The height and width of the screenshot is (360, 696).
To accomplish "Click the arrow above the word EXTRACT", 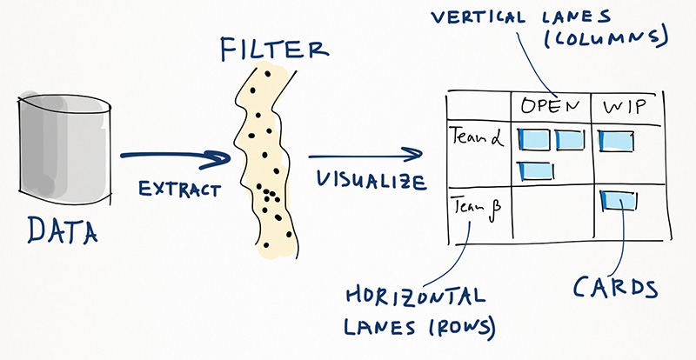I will [x=174, y=159].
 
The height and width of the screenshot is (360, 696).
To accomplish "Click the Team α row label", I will [x=472, y=137].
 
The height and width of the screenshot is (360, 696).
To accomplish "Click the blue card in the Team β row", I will [x=619, y=203].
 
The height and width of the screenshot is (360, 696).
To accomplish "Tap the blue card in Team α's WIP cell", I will [x=614, y=139].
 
